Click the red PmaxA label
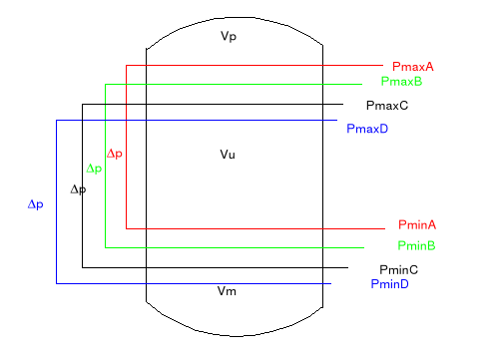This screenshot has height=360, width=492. pyautogui.click(x=413, y=67)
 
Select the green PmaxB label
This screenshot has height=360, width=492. pyautogui.click(x=401, y=81)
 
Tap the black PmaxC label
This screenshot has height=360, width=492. pyautogui.click(x=387, y=105)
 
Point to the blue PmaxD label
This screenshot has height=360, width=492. pyautogui.click(x=367, y=129)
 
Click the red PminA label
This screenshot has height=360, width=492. pyautogui.click(x=417, y=225)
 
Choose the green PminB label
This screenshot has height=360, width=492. pyautogui.click(x=415, y=245)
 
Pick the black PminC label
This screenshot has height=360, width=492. pyautogui.click(x=398, y=269)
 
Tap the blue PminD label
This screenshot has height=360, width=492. pyautogui.click(x=389, y=284)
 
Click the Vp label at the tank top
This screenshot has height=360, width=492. pyautogui.click(x=229, y=37)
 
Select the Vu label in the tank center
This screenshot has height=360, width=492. pyautogui.click(x=228, y=155)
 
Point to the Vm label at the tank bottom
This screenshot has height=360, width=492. pyautogui.click(x=228, y=291)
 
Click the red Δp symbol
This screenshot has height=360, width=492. pyautogui.click(x=115, y=154)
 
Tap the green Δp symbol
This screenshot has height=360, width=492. pyautogui.click(x=94, y=169)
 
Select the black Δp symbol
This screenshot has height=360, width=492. pyautogui.click(x=78, y=188)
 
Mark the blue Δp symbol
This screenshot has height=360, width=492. pyautogui.click(x=35, y=204)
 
